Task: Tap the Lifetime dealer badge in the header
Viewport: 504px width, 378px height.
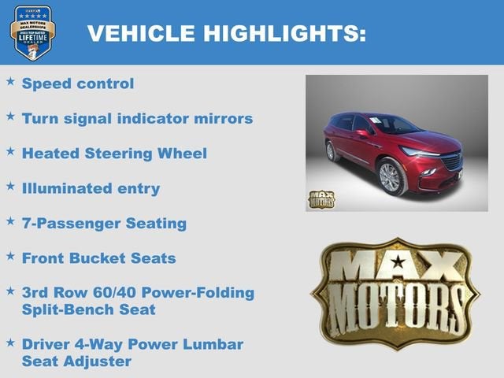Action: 33,32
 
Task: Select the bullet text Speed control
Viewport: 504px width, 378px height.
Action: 78,83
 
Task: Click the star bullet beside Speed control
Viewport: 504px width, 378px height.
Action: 10,81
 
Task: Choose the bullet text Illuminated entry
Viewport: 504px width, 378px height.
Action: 91,188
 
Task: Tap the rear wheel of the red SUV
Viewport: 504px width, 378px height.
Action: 334,151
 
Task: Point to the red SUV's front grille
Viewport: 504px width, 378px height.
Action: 451,163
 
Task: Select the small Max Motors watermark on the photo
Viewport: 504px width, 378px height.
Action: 321,199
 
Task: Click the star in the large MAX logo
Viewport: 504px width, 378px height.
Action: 398,261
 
